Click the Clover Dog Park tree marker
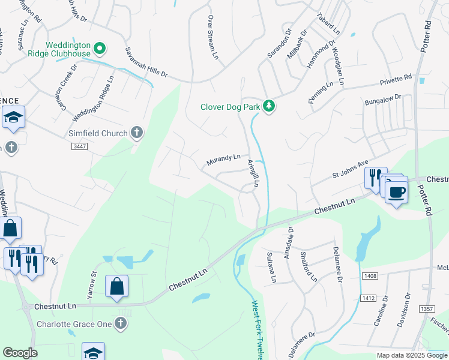click(x=270, y=106)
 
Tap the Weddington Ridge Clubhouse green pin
click(x=101, y=47)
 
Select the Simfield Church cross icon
click(x=137, y=133)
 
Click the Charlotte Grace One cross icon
click(x=121, y=324)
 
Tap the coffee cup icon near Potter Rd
click(x=396, y=193)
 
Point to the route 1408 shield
click(x=369, y=276)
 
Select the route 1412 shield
click(x=368, y=298)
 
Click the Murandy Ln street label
click(x=223, y=160)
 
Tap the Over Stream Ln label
click(x=212, y=37)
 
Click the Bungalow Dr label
click(x=382, y=100)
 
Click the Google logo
click(x=20, y=353)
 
